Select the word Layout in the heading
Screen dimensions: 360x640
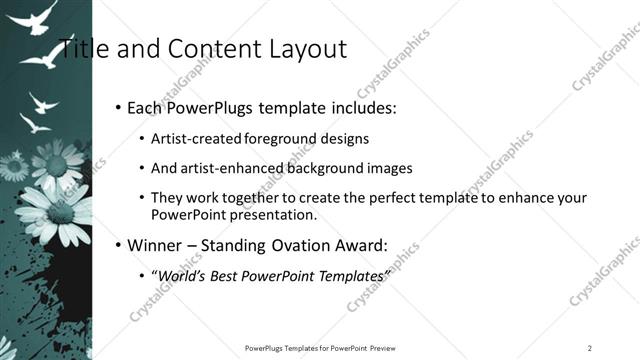302,49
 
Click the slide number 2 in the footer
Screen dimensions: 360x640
590,347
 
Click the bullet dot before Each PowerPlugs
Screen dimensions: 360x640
119,106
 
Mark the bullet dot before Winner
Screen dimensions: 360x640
119,245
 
